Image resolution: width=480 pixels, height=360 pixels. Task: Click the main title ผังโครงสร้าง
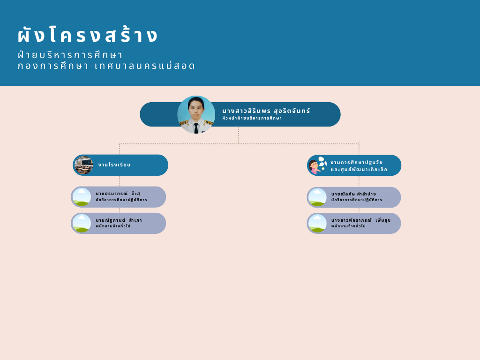(x=88, y=34)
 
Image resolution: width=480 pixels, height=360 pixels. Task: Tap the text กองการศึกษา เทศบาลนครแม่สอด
(x=106, y=66)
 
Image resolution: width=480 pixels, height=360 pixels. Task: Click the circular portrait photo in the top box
(x=196, y=114)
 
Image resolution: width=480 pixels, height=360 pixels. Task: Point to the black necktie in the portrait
(x=196, y=128)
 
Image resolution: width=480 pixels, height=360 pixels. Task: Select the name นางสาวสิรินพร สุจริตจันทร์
(x=266, y=111)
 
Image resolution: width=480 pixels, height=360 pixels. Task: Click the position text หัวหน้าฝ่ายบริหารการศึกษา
(x=252, y=118)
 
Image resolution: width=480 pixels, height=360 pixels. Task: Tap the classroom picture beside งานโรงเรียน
(x=83, y=165)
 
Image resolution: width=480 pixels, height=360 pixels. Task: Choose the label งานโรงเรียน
(x=114, y=165)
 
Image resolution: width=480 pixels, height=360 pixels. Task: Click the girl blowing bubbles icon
(x=317, y=165)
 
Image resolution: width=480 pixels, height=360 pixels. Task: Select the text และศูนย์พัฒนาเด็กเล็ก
(x=359, y=169)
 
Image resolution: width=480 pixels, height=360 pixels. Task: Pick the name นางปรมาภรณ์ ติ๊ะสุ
(x=118, y=194)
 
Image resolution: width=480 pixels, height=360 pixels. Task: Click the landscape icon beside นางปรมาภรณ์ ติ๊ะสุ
(x=82, y=197)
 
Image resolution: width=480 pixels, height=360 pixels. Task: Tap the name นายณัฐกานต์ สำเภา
(x=119, y=220)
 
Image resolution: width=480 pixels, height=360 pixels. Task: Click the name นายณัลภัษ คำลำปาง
(x=353, y=194)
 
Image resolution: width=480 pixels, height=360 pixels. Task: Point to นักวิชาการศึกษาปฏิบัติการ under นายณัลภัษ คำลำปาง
(x=357, y=200)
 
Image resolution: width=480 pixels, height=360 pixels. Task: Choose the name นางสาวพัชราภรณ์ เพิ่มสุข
(x=361, y=220)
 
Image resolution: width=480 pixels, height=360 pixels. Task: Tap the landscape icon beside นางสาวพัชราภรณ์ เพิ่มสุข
(x=317, y=223)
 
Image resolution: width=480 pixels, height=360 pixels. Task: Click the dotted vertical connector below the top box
(x=239, y=135)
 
